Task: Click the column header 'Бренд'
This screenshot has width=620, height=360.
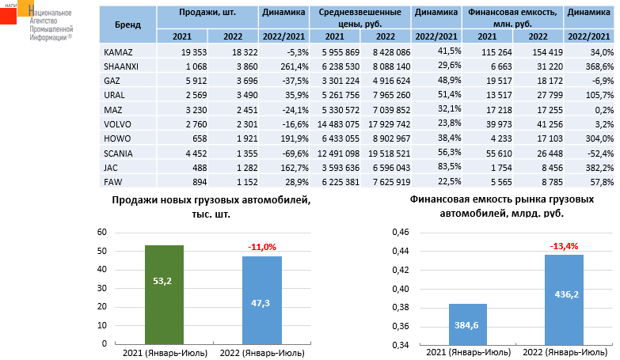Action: click(x=127, y=25)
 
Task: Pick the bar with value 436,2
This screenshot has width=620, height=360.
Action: click(x=564, y=299)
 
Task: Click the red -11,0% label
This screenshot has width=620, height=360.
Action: click(x=262, y=247)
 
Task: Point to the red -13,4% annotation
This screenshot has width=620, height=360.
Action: click(x=564, y=245)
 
